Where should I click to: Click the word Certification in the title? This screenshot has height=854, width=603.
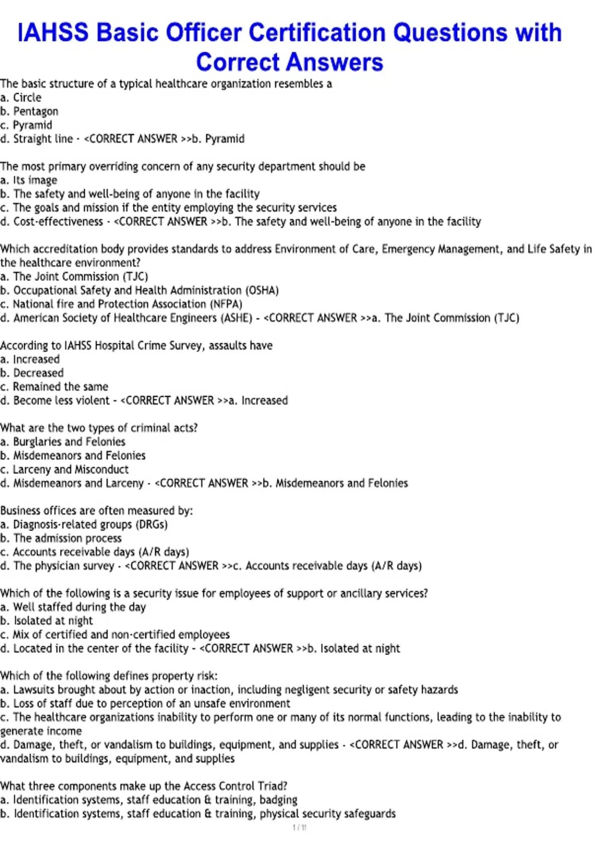click(318, 33)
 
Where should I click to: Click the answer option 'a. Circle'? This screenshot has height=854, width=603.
click(21, 97)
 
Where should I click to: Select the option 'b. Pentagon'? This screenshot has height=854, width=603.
click(29, 112)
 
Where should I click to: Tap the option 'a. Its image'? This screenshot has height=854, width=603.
click(29, 180)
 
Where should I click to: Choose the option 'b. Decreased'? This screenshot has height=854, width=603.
click(32, 373)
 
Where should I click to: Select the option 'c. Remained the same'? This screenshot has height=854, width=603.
click(54, 387)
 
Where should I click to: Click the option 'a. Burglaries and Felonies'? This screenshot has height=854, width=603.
click(63, 442)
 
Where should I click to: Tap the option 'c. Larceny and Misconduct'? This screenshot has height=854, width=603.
click(64, 469)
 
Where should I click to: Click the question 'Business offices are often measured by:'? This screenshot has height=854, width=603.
click(96, 510)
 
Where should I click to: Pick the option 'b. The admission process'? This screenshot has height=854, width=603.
click(61, 538)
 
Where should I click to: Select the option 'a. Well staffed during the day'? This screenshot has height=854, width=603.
click(73, 607)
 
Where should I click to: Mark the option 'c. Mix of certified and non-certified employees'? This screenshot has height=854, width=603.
click(115, 634)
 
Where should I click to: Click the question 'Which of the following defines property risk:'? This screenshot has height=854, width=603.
click(109, 676)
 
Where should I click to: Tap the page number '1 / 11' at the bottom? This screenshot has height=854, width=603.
click(299, 827)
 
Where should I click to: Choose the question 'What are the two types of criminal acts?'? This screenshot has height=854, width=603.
click(99, 428)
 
